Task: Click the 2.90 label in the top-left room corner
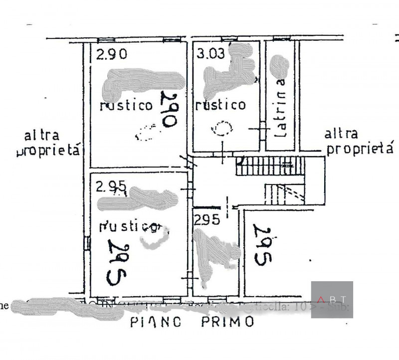112,54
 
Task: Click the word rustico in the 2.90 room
126,105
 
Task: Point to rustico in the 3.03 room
220,105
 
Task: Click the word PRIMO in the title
227,322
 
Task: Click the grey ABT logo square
332,300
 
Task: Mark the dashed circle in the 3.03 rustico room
221,129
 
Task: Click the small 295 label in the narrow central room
206,220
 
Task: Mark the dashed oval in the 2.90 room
147,132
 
